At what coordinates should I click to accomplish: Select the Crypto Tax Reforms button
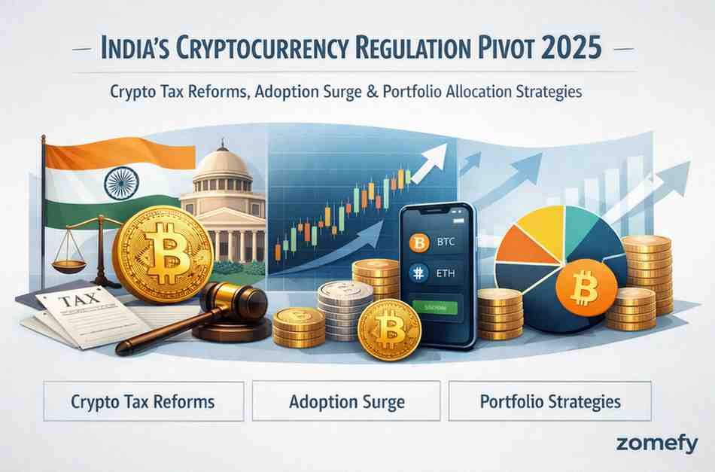coord(143,400)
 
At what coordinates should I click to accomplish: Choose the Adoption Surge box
coord(346,400)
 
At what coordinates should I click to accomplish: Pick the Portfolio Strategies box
coord(550,400)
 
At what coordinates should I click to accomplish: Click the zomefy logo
coord(656,444)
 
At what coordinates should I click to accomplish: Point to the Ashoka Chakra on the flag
coord(119,182)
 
